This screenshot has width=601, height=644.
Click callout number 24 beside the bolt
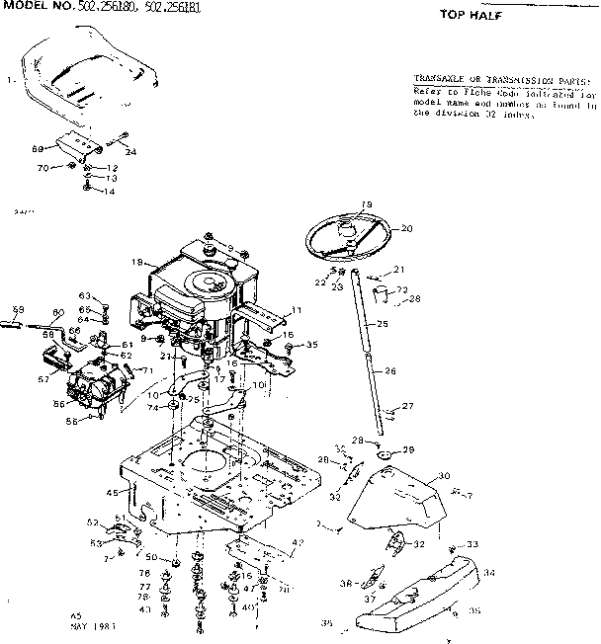coord(130,151)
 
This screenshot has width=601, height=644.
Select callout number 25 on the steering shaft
coord(384,324)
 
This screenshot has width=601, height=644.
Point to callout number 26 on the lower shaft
coord(389,371)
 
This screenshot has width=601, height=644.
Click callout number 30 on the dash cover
coord(444,475)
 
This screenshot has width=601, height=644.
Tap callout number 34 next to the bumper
coord(489,572)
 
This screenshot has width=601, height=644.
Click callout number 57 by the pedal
coord(43,378)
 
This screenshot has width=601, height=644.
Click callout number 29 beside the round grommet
coord(407,450)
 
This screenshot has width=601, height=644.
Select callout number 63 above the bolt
coord(85,295)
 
